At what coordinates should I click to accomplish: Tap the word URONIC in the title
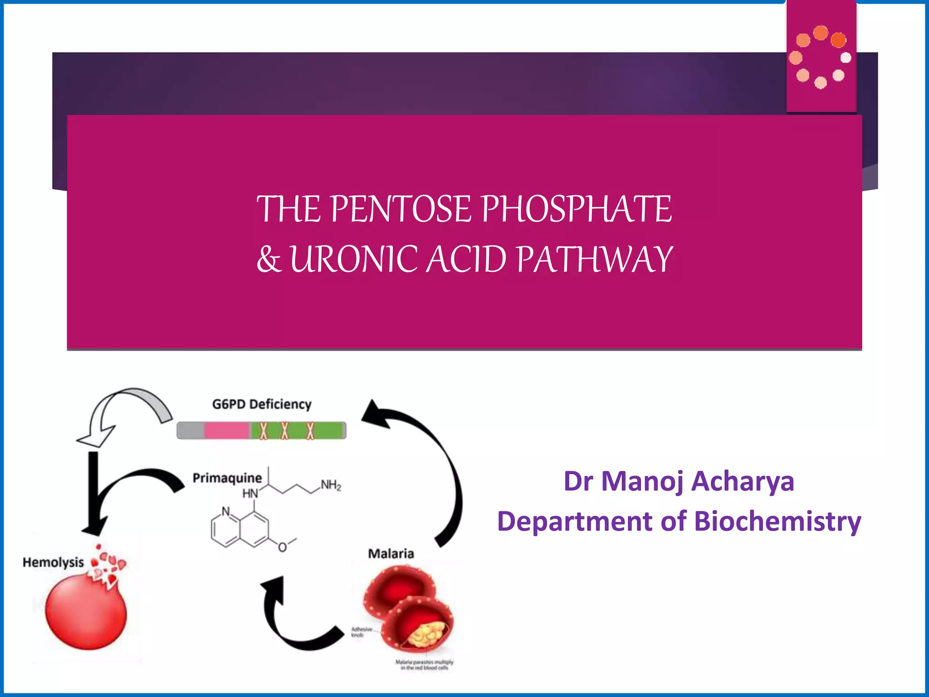click(x=353, y=259)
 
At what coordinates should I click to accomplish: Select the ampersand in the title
click(x=269, y=259)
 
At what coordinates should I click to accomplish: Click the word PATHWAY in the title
click(x=595, y=259)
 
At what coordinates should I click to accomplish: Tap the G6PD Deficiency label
click(x=262, y=404)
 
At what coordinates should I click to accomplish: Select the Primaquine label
click(x=227, y=478)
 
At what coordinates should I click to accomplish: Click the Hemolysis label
click(x=53, y=562)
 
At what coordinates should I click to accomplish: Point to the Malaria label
click(x=391, y=554)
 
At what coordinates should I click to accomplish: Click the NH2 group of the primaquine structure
click(x=331, y=485)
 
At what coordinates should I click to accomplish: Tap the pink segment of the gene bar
click(x=226, y=430)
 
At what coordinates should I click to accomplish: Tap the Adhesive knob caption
click(x=362, y=632)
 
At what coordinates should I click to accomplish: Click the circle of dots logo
click(x=821, y=57)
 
